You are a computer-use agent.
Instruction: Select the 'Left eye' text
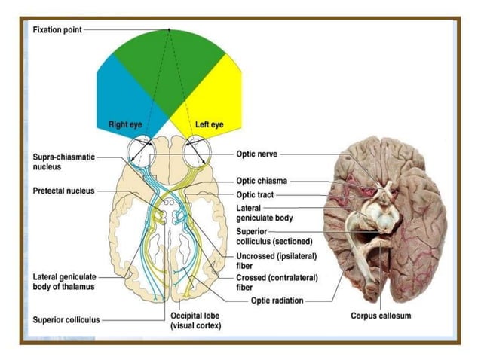click(x=209, y=124)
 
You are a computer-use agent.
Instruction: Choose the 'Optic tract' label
click(x=255, y=194)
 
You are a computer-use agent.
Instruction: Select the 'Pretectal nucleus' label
click(x=63, y=191)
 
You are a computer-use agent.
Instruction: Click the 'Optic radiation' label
click(x=277, y=301)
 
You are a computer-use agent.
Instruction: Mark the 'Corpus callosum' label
click(x=381, y=316)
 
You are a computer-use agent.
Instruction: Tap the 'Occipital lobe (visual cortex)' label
click(x=195, y=320)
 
